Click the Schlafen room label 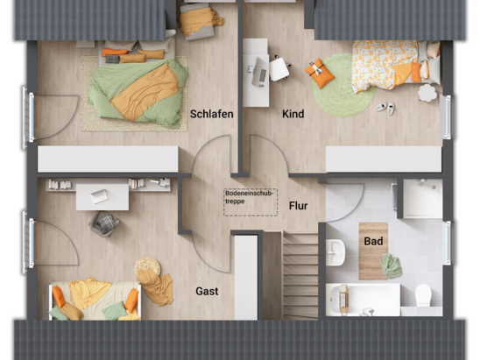point(211,114)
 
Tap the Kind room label point(293,114)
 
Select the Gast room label point(207,291)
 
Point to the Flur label point(298,207)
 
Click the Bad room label point(372,240)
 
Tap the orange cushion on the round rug point(320,73)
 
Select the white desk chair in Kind point(279,68)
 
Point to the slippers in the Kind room point(385,107)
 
